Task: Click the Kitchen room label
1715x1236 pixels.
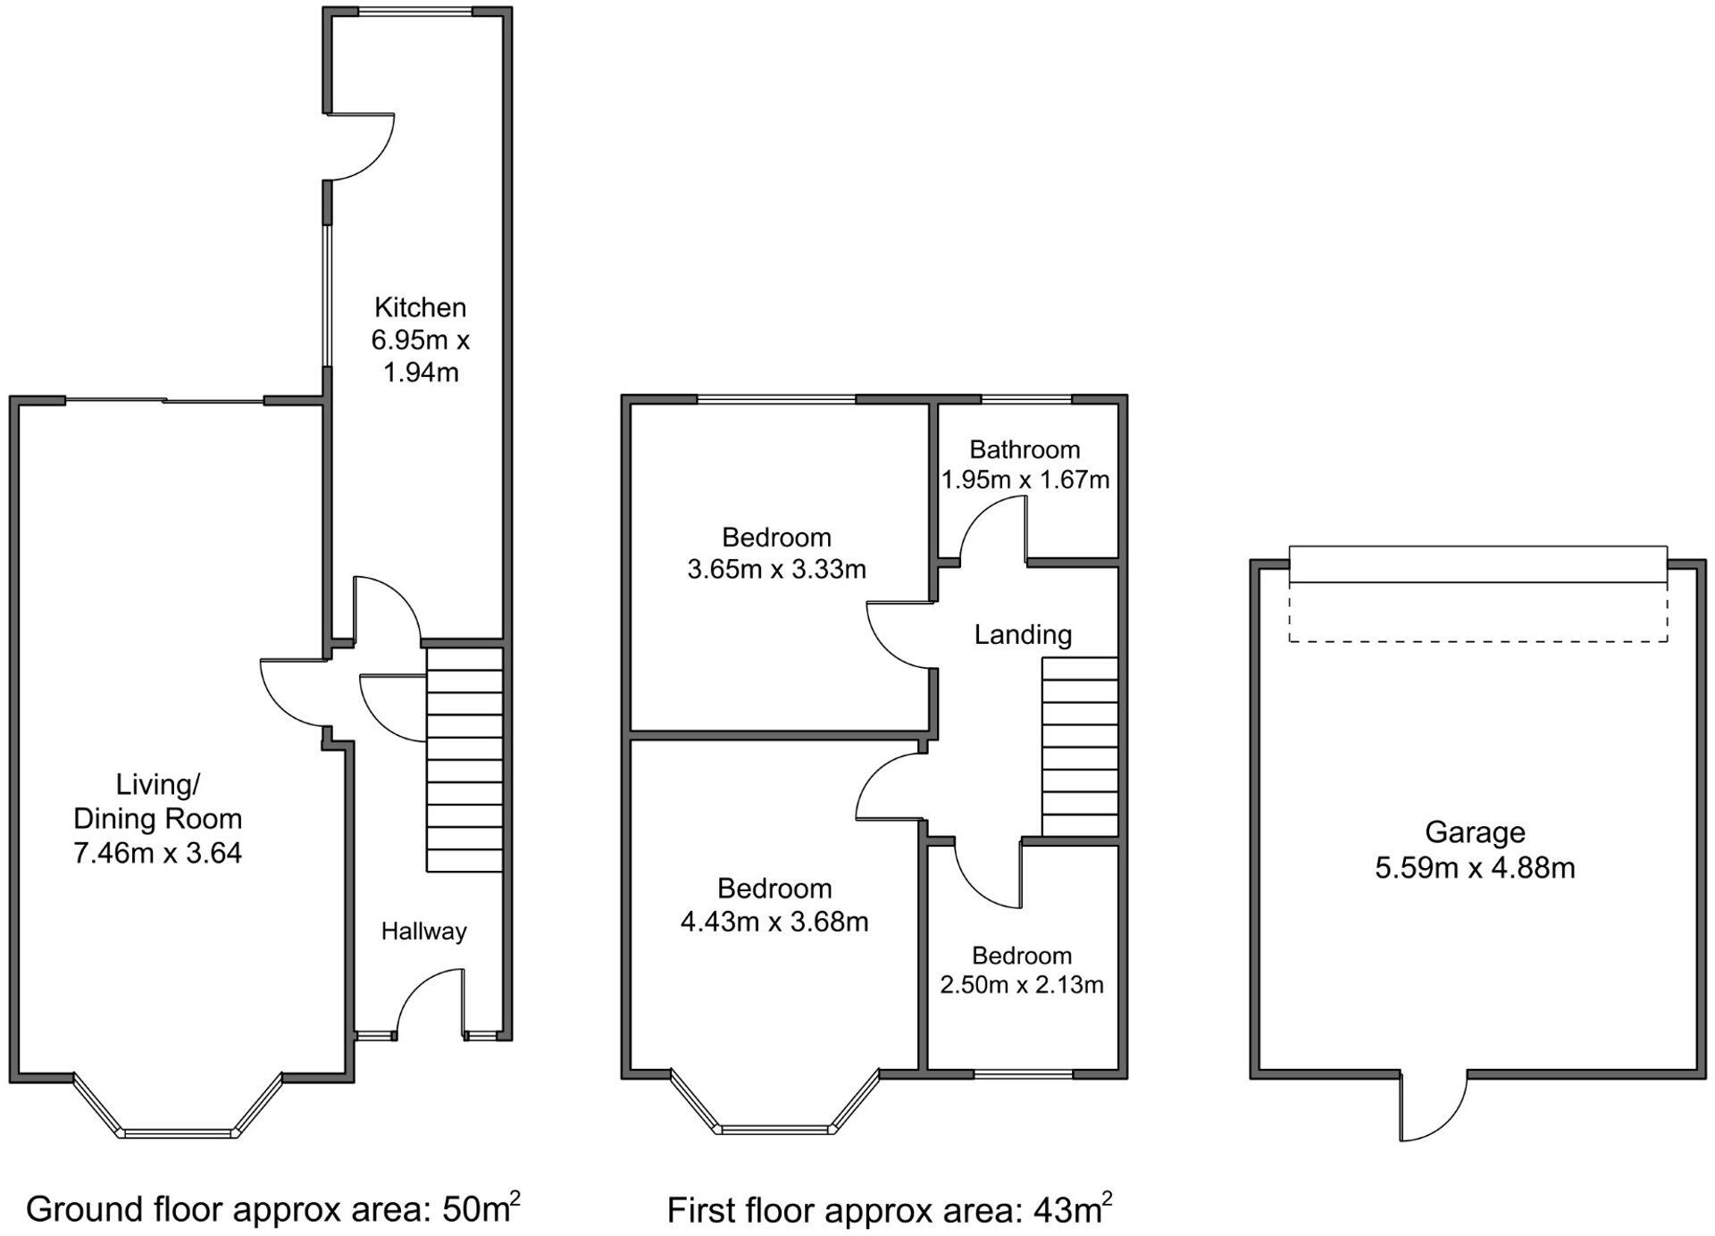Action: (420, 307)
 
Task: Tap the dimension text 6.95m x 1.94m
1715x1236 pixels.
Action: (420, 355)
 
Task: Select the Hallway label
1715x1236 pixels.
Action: (423, 931)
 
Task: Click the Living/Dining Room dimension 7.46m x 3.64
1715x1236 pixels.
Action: (157, 853)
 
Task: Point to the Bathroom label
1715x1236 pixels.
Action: (1025, 449)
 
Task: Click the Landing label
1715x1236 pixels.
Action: (1023, 635)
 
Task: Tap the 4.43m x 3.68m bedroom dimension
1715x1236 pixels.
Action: (774, 921)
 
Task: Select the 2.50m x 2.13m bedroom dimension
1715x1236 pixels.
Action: (1022, 984)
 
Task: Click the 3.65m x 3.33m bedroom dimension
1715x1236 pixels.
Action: (776, 569)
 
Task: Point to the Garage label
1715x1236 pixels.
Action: (1475, 832)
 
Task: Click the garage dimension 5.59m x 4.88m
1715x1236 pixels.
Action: (1475, 867)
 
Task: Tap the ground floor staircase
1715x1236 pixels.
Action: (464, 759)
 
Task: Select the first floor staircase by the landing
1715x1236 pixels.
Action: (1080, 747)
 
